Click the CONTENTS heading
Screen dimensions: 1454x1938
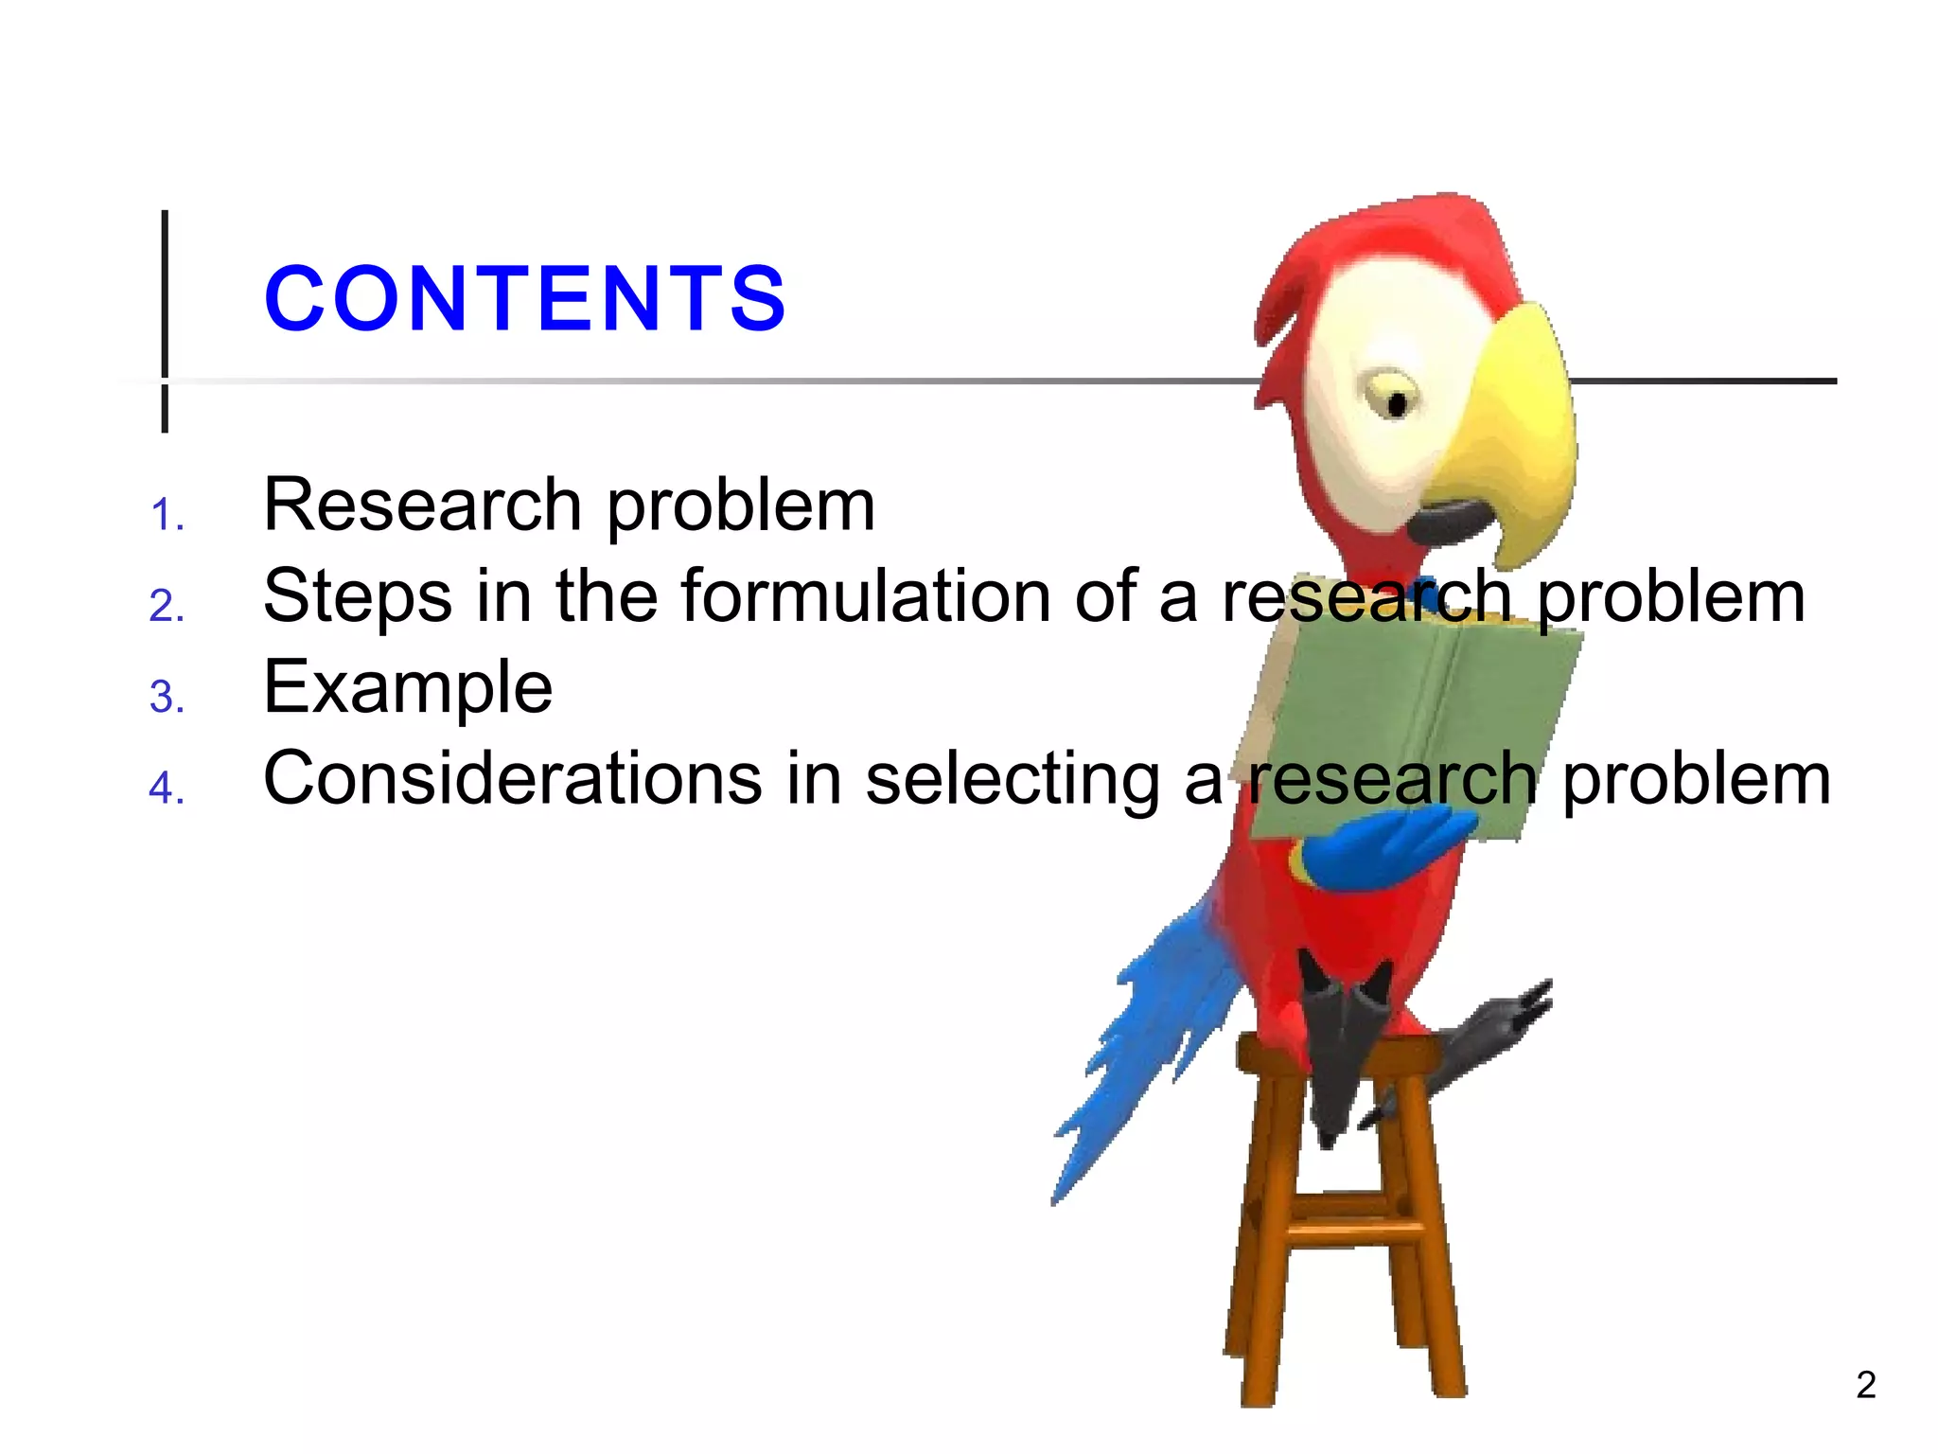pyautogui.click(x=525, y=299)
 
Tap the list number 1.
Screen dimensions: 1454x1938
pyautogui.click(x=167, y=515)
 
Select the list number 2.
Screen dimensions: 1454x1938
pyautogui.click(x=167, y=606)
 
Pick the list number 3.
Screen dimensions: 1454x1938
pyautogui.click(x=167, y=698)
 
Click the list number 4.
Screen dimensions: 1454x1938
pyautogui.click(x=167, y=788)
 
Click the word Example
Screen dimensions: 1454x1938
pyautogui.click(x=408, y=688)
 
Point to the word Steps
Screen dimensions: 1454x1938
pyautogui.click(x=358, y=597)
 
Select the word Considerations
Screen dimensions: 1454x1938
pyautogui.click(x=512, y=778)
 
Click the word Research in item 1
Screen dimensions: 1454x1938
pyautogui.click(x=422, y=505)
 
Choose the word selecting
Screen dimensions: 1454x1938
pyautogui.click(x=1013, y=780)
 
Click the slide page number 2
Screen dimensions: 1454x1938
pyautogui.click(x=1865, y=1385)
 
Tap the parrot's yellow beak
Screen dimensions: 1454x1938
pyautogui.click(x=1514, y=426)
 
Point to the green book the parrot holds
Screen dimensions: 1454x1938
pyautogui.click(x=1419, y=719)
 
